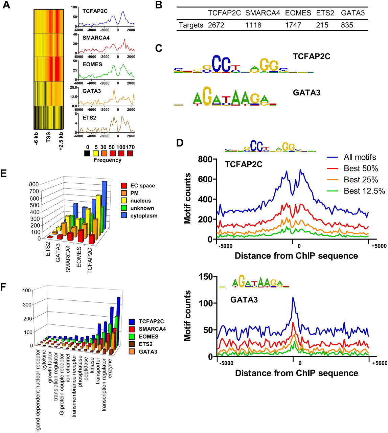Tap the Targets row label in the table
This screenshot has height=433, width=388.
191,25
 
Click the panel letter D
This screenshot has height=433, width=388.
180,143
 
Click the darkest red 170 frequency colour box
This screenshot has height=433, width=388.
130,154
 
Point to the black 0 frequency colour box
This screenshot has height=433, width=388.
87,154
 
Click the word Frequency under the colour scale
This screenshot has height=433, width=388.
108,160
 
